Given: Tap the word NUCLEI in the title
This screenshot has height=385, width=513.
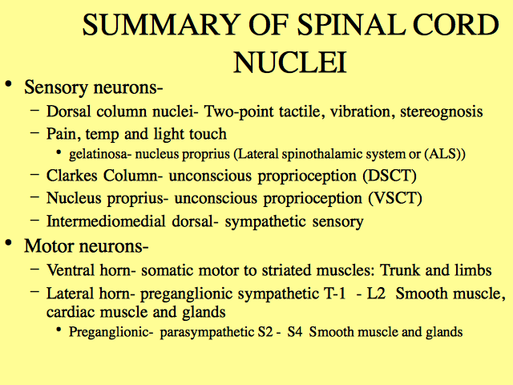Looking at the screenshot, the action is [290, 63].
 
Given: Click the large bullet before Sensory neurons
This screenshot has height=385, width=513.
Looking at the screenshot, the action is [9, 83].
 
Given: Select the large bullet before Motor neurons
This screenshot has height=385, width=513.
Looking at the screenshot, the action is [9, 242].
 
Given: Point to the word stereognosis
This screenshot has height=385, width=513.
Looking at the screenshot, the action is [442, 111].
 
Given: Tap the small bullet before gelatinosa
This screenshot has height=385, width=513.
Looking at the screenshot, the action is [59, 152].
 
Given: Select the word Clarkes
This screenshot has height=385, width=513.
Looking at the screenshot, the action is [71, 176].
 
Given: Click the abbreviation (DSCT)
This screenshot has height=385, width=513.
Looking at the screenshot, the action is [390, 176].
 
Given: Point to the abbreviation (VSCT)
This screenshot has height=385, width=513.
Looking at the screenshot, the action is [395, 198].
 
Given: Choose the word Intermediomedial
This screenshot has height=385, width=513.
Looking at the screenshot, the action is [106, 221].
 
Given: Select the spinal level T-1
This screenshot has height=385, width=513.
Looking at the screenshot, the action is [335, 294].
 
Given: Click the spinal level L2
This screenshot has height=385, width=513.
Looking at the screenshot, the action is [376, 294].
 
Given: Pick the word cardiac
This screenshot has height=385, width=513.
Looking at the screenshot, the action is [71, 312].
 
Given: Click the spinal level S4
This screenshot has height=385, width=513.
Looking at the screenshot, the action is [295, 332].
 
